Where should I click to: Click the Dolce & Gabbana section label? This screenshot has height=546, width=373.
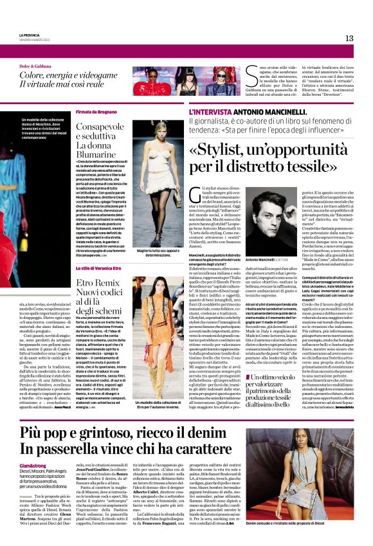pos(36,66)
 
